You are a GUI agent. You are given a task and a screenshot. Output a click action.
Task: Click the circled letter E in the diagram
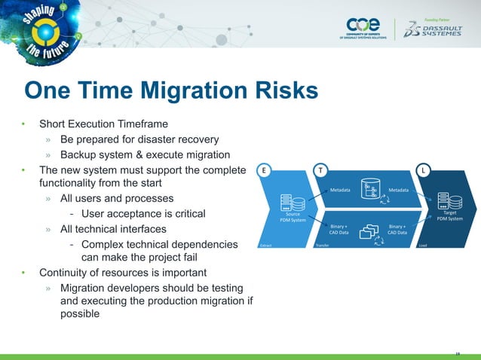tap(263, 170)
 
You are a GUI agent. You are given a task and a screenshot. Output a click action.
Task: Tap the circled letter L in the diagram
tap(424, 170)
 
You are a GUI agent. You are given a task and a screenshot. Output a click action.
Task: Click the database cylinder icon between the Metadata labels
tap(369, 189)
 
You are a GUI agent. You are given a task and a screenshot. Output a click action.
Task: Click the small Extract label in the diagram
tap(265, 246)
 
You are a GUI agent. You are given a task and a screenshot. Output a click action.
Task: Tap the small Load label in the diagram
tap(424, 246)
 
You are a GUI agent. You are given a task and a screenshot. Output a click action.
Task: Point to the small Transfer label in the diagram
tap(322, 246)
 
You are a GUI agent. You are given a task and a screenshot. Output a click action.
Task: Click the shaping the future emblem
tap(45, 33)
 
